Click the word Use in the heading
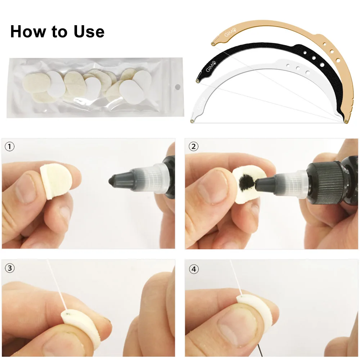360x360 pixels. (x=89, y=31)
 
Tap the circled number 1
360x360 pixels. (x=9, y=147)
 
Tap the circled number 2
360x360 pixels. (x=194, y=147)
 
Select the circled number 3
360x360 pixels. (x=10, y=268)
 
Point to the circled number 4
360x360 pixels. (x=194, y=269)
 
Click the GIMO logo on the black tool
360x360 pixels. (x=211, y=66)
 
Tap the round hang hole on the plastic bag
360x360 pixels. (x=177, y=87)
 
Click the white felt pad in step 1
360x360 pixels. (x=54, y=180)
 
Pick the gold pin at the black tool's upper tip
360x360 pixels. (x=198, y=81)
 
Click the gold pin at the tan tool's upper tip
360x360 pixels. (x=213, y=44)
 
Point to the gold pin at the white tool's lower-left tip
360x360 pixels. (x=192, y=121)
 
